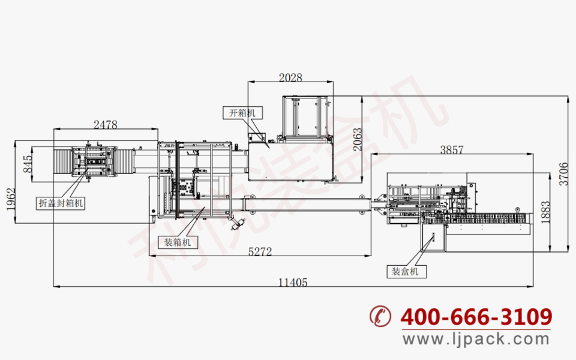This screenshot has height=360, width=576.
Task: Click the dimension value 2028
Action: point(290,77)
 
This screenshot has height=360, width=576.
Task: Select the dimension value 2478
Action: point(106,125)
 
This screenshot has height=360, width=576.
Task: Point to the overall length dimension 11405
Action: point(293,283)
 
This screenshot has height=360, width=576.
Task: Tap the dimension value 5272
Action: point(260,251)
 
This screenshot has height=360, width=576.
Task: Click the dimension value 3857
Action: point(452,149)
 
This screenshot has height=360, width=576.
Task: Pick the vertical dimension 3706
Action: point(563,174)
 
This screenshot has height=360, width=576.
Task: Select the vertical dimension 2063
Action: point(358,140)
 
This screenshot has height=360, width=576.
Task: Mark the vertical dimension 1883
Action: point(545,212)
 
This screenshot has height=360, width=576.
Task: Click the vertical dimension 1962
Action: point(11,199)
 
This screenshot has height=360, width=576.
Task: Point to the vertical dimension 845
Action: point(28,164)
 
